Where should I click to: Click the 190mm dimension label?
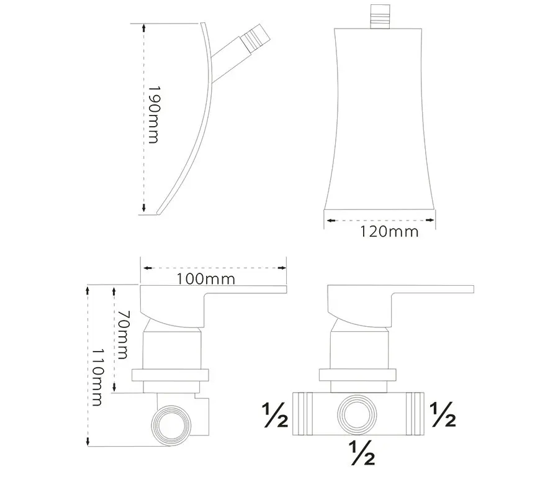click(x=153, y=114)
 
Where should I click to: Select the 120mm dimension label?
click(x=389, y=232)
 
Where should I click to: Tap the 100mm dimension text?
click(x=205, y=279)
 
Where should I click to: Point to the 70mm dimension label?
click(x=122, y=335)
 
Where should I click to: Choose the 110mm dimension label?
click(x=97, y=377)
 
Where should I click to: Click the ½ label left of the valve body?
click(x=275, y=415)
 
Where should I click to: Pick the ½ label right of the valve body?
click(x=443, y=415)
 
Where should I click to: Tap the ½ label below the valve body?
click(x=362, y=453)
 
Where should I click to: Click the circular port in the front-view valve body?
click(x=357, y=414)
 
